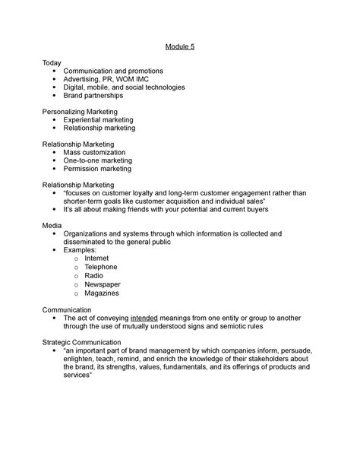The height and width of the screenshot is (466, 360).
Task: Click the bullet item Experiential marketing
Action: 99,120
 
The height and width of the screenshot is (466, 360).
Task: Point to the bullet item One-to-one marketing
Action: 98,160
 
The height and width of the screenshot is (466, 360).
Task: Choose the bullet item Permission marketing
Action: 98,169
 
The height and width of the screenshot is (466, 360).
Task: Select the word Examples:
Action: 81,250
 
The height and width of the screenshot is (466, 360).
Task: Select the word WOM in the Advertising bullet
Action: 126,79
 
